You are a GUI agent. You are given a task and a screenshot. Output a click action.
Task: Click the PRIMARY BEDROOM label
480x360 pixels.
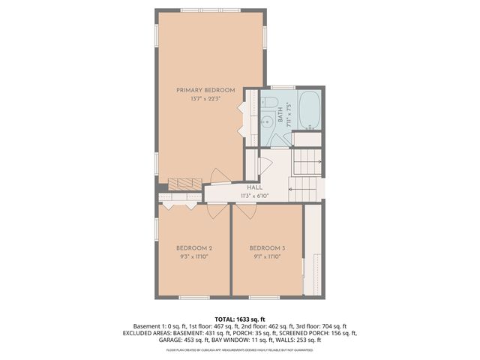click(205, 90)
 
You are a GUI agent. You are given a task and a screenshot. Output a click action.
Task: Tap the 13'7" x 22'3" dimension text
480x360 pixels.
click(205, 99)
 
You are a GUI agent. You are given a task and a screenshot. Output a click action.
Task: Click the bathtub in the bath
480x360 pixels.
click(308, 110)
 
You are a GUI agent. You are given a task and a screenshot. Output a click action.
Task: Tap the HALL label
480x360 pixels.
click(255, 188)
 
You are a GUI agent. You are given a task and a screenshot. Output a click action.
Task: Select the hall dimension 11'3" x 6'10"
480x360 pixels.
click(255, 196)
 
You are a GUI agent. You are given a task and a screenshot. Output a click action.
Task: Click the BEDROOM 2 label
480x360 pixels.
click(194, 248)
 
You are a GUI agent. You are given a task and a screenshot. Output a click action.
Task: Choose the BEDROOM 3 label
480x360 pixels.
click(268, 248)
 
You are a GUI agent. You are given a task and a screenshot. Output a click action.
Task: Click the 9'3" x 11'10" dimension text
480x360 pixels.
click(194, 256)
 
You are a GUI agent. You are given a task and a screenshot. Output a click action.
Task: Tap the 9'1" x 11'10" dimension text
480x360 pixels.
click(268, 256)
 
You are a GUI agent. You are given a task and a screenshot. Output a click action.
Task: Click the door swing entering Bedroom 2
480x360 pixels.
click(216, 210)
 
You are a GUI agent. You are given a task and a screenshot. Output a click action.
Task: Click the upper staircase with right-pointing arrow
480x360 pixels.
click(307, 161)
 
